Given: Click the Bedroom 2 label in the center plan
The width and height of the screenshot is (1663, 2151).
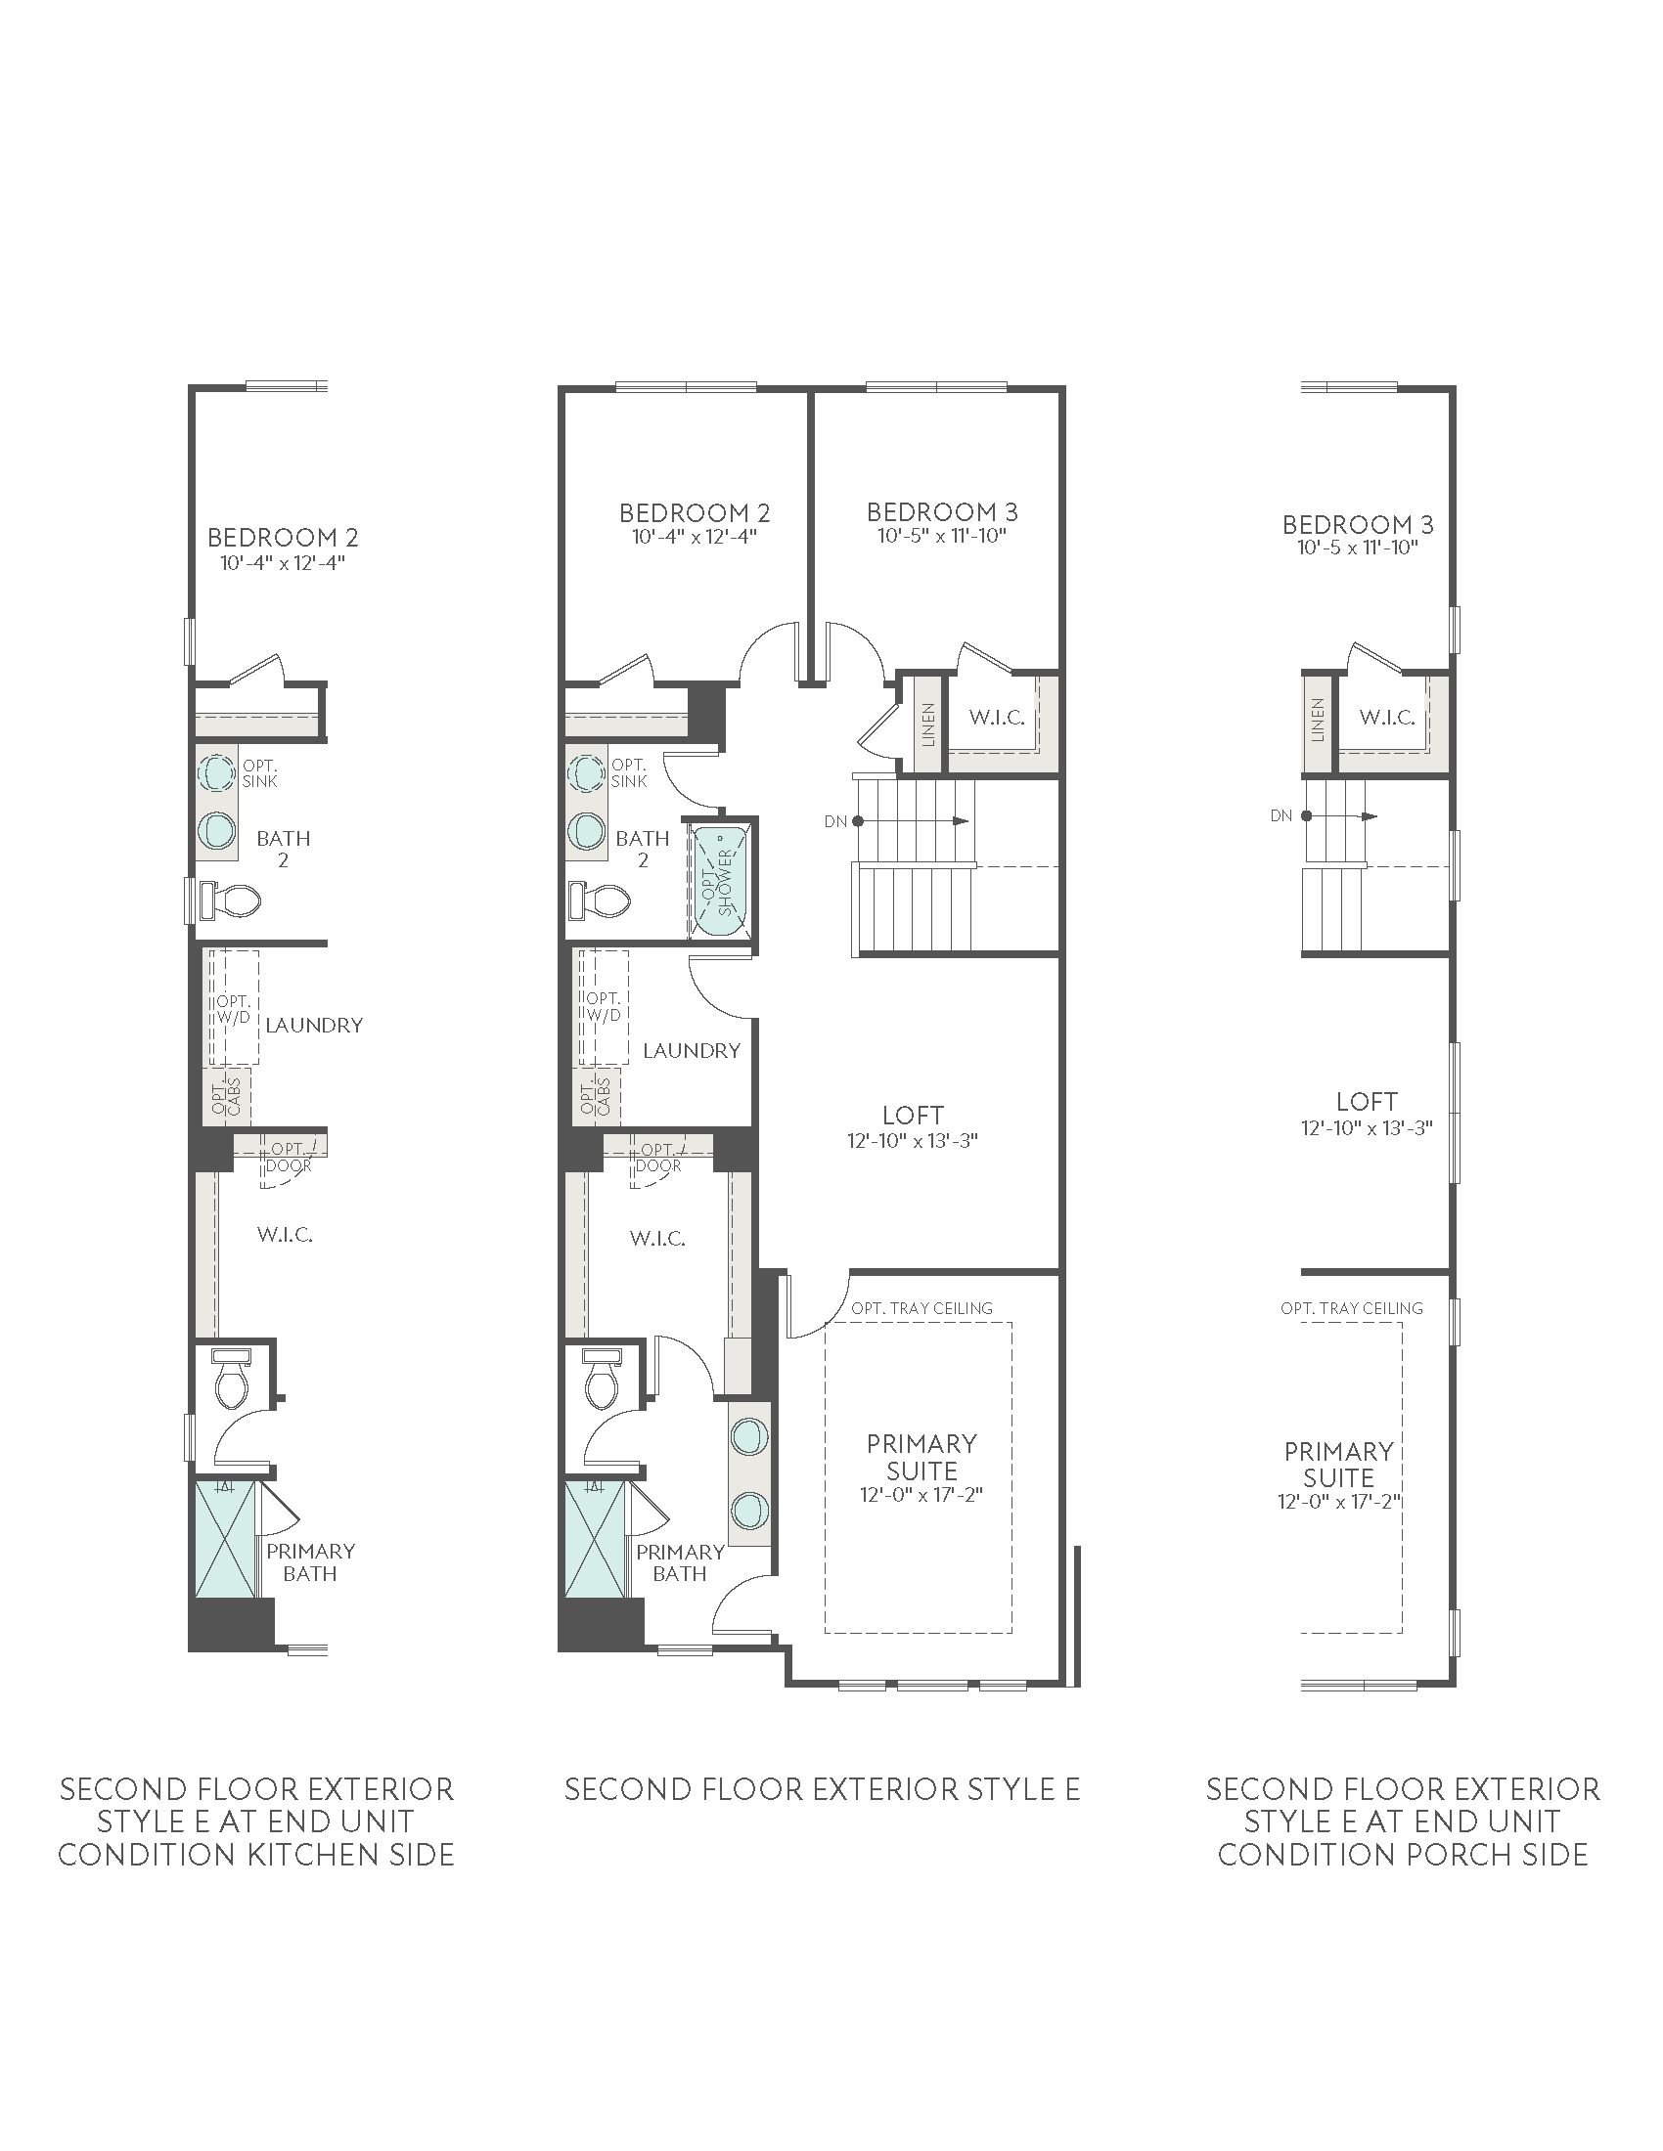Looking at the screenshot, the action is pos(695,512).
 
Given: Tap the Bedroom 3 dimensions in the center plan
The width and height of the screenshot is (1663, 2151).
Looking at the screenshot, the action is pos(942,536).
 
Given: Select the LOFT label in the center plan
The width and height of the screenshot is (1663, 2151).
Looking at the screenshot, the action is pos(914,1115).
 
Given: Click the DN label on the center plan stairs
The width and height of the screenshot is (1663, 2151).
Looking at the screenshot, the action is pos(835,821).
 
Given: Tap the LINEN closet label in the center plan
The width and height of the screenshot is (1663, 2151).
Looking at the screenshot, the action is pos(927,724).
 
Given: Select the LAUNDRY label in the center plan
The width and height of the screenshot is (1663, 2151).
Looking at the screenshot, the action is pos(692,1051).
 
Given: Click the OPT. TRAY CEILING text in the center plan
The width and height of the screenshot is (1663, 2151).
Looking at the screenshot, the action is pos(922,1308).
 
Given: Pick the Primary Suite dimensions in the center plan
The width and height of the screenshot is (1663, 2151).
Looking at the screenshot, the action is pos(922,1494).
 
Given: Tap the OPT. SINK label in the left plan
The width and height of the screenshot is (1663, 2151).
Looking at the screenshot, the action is pos(260,773).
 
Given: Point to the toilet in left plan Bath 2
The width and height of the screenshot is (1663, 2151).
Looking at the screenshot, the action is pos(231,900).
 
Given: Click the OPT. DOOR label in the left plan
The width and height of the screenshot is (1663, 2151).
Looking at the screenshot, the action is pos(289,1158).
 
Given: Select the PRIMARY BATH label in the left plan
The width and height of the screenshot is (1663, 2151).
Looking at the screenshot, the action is pos(310,1562).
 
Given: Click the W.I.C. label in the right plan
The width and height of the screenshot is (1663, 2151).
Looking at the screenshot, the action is pos(1387,717).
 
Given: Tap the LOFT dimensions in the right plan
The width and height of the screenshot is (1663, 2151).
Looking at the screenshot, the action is pos(1367,1127).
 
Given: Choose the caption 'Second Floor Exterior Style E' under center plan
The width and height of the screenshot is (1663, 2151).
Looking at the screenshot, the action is pos(823,1788).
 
